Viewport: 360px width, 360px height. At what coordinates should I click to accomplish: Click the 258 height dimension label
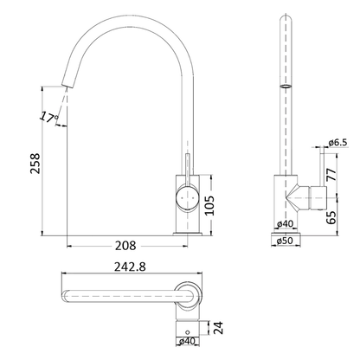click(x=35, y=164)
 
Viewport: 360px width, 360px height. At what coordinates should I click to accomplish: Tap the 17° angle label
click(x=48, y=117)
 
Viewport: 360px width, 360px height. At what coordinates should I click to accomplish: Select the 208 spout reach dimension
click(x=125, y=246)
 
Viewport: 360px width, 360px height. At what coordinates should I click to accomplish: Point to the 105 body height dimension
click(x=209, y=205)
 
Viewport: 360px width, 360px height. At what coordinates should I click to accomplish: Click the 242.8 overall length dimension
click(x=130, y=267)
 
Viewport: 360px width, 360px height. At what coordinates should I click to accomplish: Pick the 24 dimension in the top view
click(x=218, y=328)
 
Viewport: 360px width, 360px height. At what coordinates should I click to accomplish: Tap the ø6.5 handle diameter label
click(x=337, y=142)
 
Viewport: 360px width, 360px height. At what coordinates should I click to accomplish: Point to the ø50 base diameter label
click(x=285, y=241)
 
